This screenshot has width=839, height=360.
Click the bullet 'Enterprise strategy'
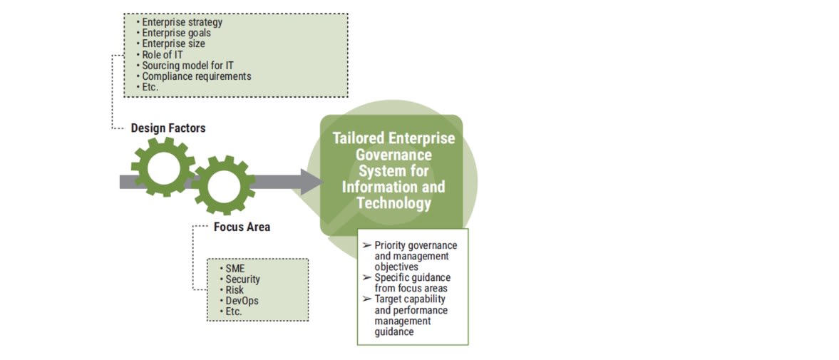[x=182, y=22]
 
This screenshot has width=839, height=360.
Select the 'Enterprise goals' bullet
[x=176, y=33]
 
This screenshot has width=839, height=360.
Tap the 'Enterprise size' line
[x=173, y=43]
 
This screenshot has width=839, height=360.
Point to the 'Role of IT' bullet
[x=162, y=55]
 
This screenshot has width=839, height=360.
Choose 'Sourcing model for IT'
[x=187, y=66]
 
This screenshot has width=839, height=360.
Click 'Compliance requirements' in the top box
[x=196, y=76]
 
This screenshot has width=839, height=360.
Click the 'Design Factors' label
[x=168, y=128]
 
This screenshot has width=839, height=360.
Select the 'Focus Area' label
[x=242, y=227]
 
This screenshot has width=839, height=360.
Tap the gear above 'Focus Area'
[x=223, y=185]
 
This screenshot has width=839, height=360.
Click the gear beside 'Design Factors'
[x=163, y=167]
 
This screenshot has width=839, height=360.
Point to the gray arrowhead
[x=311, y=182]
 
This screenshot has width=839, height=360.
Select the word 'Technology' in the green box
[x=393, y=202]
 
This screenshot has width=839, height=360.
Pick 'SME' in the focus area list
[x=235, y=269]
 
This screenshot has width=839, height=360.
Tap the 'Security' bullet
[x=242, y=279]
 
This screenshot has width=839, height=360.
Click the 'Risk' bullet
[x=235, y=290]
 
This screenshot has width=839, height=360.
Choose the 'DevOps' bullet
[x=242, y=301]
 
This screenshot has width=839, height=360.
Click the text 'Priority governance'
[x=416, y=245]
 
